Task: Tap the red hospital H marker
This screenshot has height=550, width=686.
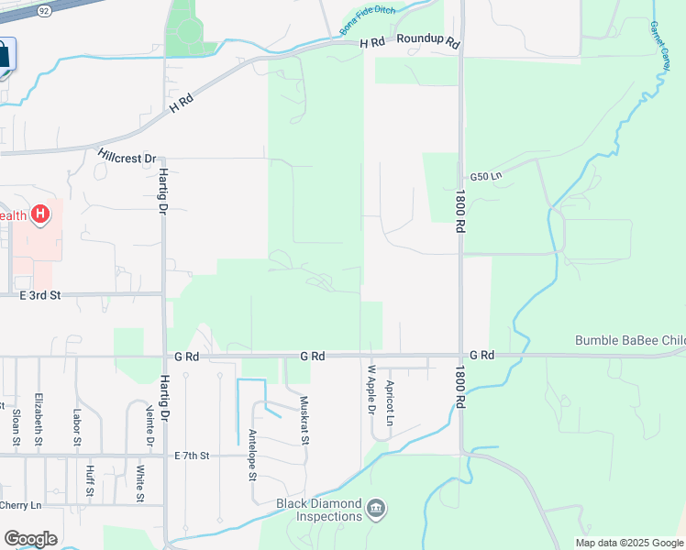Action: [x=39, y=215]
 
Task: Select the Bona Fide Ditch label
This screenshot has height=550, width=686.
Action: [x=369, y=24]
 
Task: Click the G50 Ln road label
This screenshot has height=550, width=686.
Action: [x=487, y=176]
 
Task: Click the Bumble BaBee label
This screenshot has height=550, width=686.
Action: [x=629, y=341]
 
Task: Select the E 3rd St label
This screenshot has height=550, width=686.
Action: [x=40, y=295]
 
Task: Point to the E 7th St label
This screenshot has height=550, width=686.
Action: [x=192, y=456]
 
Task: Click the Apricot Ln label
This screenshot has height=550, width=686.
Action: [x=390, y=402]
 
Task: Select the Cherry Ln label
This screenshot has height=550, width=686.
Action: [x=21, y=505]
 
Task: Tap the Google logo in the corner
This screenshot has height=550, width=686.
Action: [x=30, y=539]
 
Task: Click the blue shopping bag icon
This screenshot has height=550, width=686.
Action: [x=4, y=57]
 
